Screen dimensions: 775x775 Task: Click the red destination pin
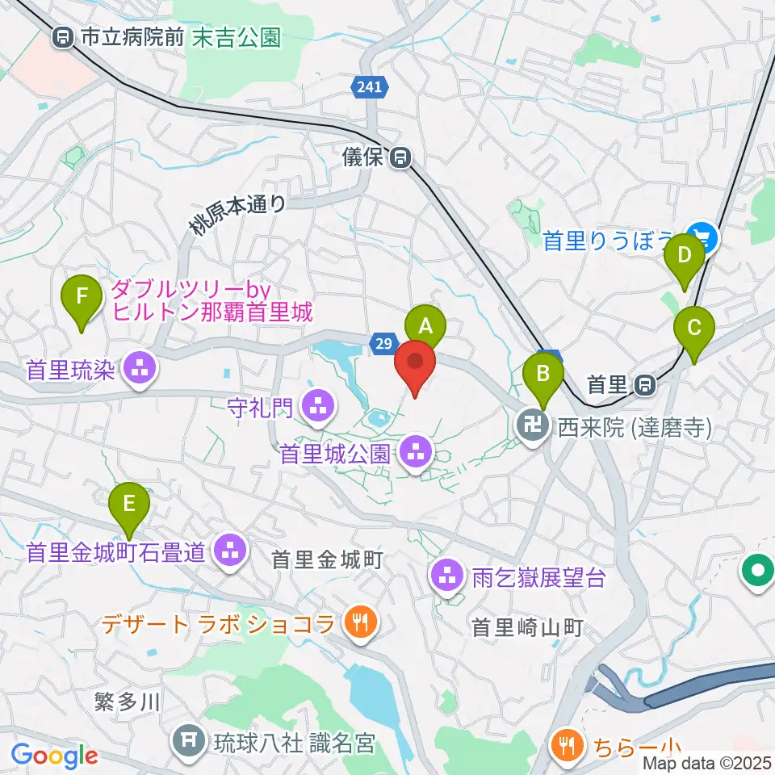[x=415, y=365]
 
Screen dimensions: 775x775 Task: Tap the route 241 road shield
[x=371, y=86]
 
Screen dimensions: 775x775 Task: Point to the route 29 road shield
[x=384, y=345]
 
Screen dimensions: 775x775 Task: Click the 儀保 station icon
[x=400, y=158]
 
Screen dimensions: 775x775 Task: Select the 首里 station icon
[x=644, y=385]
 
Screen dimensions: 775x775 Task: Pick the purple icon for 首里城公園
[x=415, y=454]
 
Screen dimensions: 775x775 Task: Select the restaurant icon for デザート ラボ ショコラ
[x=358, y=622]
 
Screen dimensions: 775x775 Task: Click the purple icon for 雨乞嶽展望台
[x=446, y=576]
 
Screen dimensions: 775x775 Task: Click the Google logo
[x=54, y=756]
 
